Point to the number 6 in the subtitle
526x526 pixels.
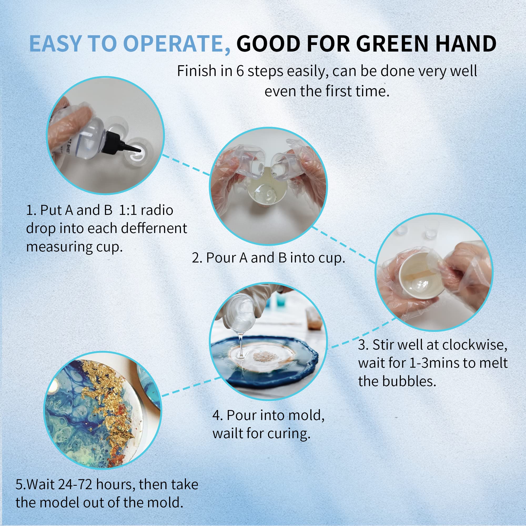(240, 71)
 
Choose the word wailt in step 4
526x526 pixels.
(227, 433)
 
